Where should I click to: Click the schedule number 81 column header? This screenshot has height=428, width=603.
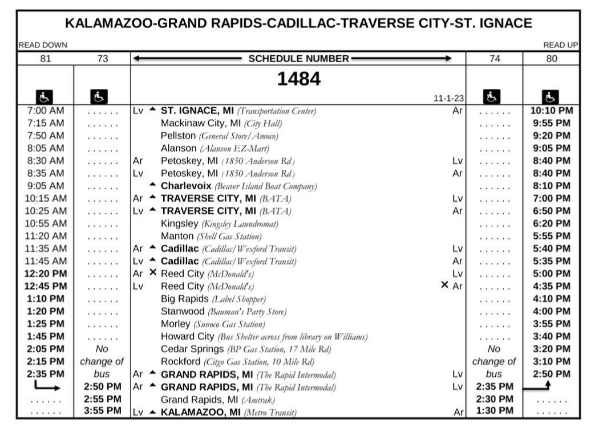click(x=45, y=58)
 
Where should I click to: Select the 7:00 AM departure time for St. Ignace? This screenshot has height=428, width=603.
click(x=46, y=111)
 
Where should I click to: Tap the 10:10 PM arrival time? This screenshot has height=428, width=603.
click(x=552, y=111)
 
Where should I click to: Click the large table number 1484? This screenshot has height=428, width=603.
click(x=298, y=79)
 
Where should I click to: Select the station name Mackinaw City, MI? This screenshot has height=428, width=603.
click(x=201, y=123)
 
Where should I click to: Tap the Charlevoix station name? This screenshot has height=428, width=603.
click(x=186, y=186)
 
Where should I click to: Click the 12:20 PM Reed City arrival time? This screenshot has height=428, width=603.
click(x=46, y=274)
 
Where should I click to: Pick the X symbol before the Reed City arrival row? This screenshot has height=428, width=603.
click(x=152, y=273)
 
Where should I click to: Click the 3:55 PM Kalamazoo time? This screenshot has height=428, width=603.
click(x=102, y=411)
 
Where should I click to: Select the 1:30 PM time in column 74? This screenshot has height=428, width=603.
click(x=494, y=411)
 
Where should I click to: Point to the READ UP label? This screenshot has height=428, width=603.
click(x=560, y=45)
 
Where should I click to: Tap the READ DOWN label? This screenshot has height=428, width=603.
click(x=43, y=45)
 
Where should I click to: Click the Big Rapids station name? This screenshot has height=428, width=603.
click(x=185, y=299)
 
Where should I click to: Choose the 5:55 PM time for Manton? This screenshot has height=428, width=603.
click(x=552, y=236)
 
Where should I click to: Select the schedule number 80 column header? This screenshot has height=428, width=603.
click(x=552, y=58)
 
